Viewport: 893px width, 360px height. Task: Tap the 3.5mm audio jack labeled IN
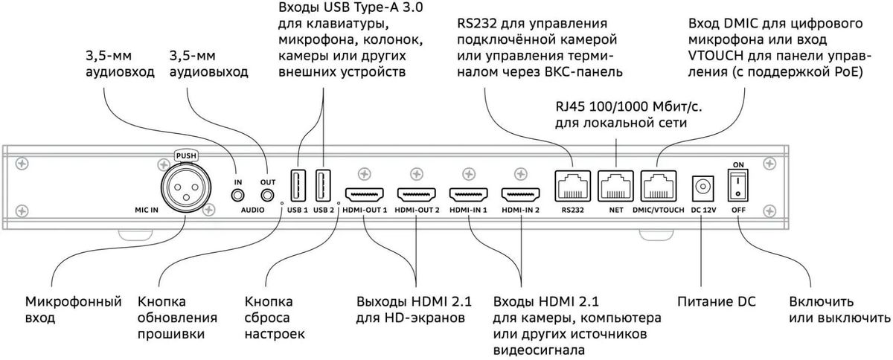(x=238, y=196)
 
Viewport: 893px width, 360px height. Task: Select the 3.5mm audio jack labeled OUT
(x=267, y=196)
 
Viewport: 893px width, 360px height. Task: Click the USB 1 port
(x=297, y=186)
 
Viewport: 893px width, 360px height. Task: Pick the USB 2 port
(x=324, y=186)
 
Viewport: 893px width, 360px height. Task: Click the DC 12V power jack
(x=702, y=187)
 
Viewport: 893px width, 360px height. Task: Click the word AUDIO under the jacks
(x=252, y=210)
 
